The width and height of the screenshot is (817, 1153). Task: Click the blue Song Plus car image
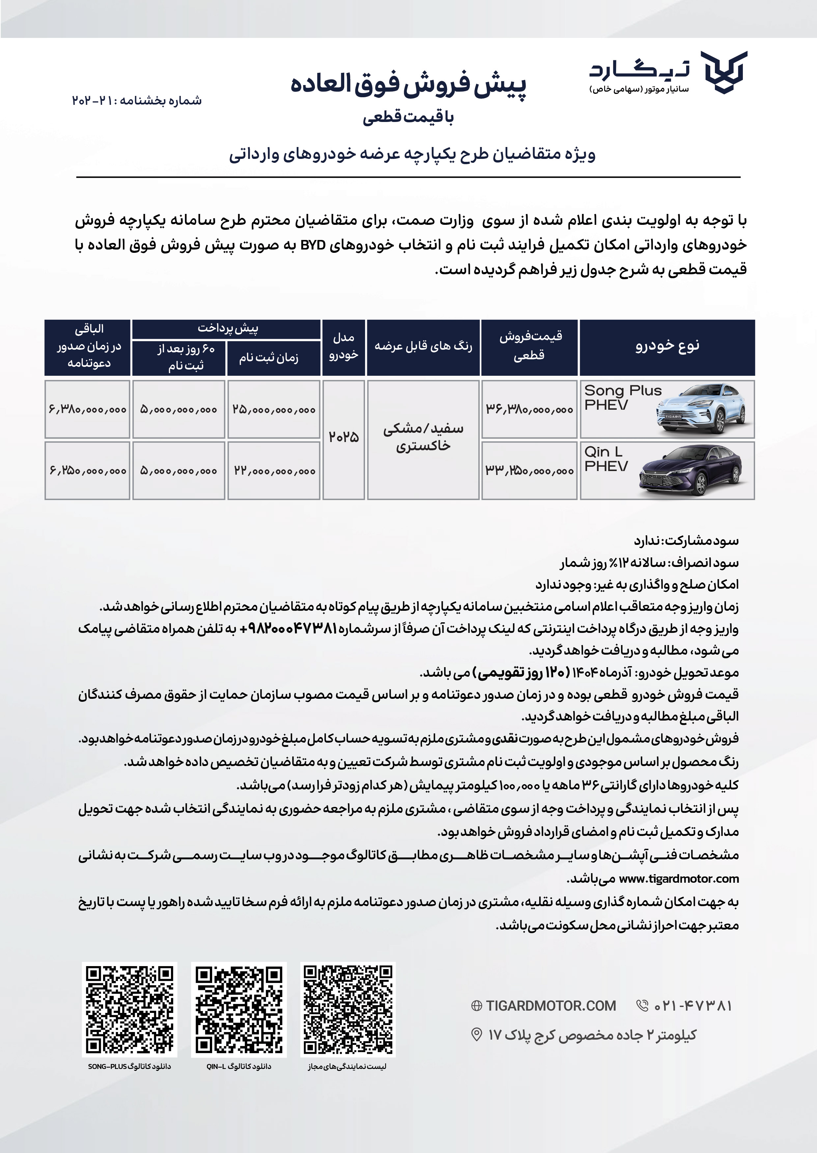click(705, 409)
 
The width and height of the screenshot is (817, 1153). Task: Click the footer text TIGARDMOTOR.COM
click(550, 1006)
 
